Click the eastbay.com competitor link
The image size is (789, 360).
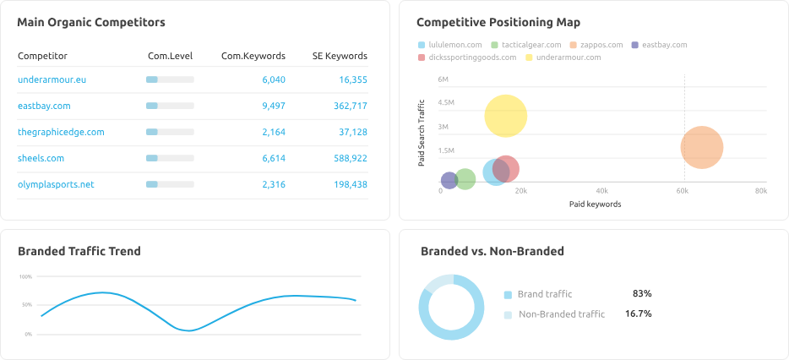(43, 106)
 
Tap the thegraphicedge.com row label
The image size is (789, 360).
(61, 132)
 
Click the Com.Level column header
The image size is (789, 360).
(169, 57)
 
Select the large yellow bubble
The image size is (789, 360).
(506, 116)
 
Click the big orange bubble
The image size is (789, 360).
(702, 148)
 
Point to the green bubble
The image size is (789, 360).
(465, 179)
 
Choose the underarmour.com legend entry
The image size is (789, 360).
(567, 57)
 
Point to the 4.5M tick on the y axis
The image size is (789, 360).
(446, 103)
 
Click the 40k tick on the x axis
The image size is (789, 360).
(601, 191)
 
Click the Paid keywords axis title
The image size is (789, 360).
(595, 204)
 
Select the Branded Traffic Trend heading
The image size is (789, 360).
(79, 251)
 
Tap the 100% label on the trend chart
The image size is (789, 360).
(25, 276)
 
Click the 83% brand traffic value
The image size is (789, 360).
(641, 294)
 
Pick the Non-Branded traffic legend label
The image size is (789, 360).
(561, 314)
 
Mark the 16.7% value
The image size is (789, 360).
(638, 314)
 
